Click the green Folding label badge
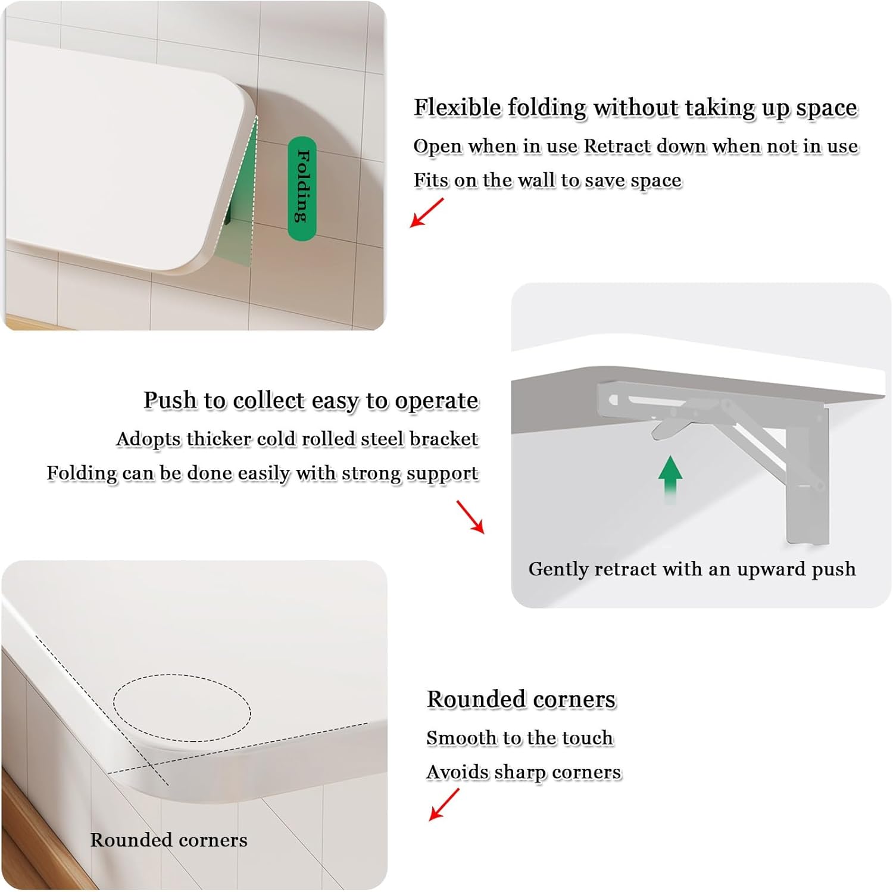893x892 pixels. tap(302, 188)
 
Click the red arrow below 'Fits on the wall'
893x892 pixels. tap(427, 213)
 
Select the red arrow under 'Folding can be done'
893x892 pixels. tap(470, 516)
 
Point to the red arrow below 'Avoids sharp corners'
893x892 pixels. tap(444, 804)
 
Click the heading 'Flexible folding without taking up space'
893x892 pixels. tap(635, 108)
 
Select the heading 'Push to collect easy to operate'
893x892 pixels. tap(311, 400)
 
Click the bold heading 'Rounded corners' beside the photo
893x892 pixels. tap(521, 699)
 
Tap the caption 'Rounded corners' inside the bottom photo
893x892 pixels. tap(168, 840)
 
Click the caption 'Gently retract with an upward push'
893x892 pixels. tap(692, 569)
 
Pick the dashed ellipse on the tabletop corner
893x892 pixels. tap(182, 708)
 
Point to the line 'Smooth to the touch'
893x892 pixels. tap(519, 738)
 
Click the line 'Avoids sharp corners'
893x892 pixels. tap(523, 772)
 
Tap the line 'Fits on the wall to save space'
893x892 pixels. tap(547, 180)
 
